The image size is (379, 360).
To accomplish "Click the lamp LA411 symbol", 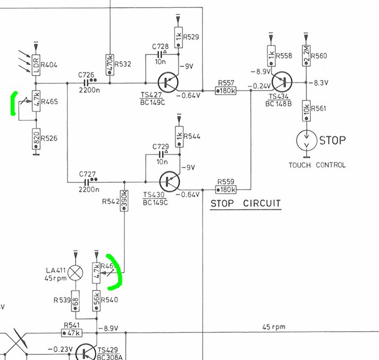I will pos(77,273).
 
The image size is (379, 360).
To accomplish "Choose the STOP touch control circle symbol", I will pos(306,141).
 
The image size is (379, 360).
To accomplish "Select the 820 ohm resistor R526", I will pos(36,138).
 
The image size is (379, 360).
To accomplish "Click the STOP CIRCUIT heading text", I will pos(245,203).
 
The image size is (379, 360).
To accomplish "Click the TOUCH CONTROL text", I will pos(317,165).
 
